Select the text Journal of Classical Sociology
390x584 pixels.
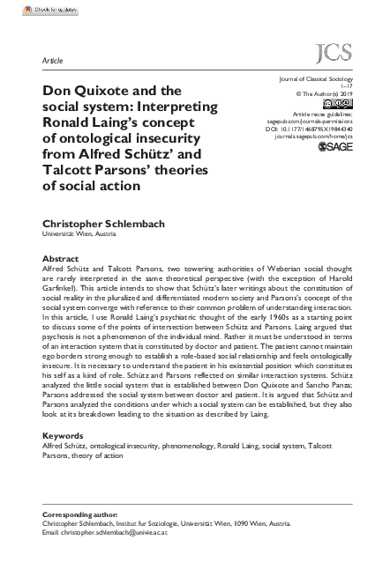click(315, 80)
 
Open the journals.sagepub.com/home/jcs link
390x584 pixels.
click(313, 138)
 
